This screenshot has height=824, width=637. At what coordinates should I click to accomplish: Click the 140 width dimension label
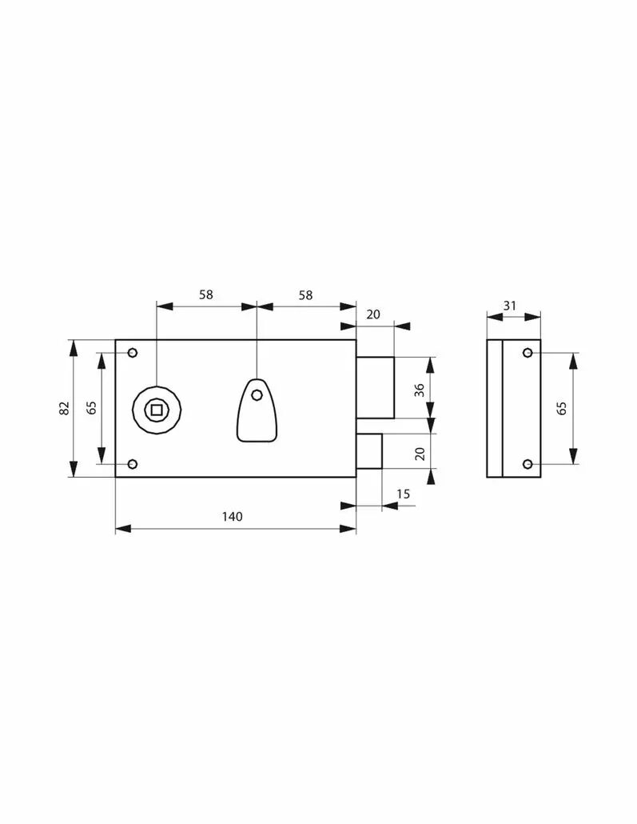click(232, 517)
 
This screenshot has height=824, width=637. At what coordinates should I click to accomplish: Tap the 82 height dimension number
click(64, 408)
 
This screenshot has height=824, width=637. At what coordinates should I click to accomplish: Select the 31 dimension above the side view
click(510, 306)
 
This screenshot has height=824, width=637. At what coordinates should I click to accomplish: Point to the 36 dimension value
click(419, 390)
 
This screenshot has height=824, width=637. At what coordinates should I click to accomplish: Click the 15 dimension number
click(404, 494)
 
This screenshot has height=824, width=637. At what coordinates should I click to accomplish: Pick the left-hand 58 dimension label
click(206, 295)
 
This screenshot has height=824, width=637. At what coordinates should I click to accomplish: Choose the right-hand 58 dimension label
click(305, 295)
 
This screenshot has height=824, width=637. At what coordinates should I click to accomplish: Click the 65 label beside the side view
click(561, 408)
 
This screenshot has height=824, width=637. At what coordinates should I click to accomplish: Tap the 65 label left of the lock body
click(91, 408)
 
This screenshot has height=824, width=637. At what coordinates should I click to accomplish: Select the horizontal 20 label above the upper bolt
click(373, 314)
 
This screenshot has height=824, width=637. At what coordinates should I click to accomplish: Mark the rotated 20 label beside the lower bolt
click(420, 454)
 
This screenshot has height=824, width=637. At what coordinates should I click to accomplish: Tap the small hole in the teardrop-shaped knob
click(257, 395)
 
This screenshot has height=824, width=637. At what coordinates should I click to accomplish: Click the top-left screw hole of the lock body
click(133, 352)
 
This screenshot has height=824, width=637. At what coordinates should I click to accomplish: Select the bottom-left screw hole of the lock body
click(133, 464)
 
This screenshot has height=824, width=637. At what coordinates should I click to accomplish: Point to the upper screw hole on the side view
click(528, 353)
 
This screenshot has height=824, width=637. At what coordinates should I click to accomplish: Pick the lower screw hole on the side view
click(528, 464)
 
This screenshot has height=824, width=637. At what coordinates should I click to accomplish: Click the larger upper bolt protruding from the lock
click(376, 387)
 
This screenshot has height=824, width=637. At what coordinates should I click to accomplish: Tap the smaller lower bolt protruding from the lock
click(369, 451)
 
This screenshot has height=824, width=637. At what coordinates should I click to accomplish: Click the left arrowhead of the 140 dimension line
click(123, 529)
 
